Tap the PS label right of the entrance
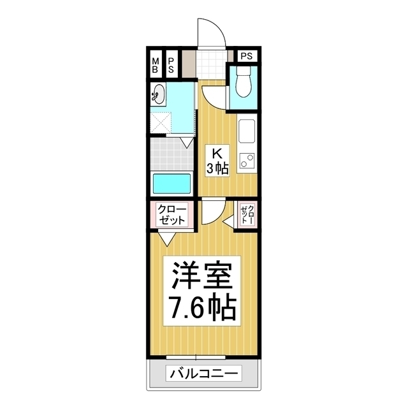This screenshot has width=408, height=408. (248, 56)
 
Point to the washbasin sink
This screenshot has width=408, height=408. (157, 96)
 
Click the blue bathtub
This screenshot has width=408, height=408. (171, 184)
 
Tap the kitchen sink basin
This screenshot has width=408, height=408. (247, 133)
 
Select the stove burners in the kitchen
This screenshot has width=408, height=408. (247, 160)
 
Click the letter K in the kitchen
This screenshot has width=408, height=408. (217, 154)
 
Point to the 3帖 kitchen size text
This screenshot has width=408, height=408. (217, 168)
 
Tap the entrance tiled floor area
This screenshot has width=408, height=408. (211, 63)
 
